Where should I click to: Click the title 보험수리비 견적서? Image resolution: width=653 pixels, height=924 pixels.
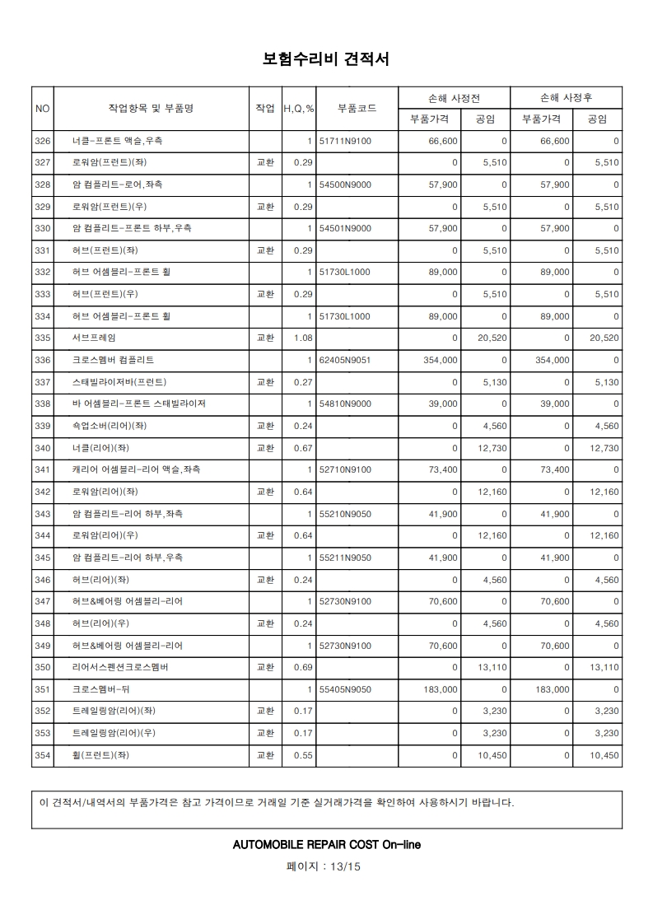tap(326, 59)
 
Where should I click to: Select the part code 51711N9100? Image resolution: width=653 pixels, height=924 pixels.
tap(345, 141)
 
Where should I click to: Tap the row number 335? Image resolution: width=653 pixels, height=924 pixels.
tap(43, 338)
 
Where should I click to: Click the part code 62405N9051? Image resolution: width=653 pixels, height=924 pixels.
tap(345, 360)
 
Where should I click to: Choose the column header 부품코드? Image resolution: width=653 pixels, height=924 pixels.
tap(357, 108)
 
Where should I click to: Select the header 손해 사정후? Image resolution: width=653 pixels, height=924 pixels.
tap(566, 97)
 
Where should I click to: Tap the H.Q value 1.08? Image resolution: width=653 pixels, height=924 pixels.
tap(303, 338)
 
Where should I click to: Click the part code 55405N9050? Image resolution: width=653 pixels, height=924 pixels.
tap(345, 688)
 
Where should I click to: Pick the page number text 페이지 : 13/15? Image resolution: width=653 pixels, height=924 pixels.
tap(326, 866)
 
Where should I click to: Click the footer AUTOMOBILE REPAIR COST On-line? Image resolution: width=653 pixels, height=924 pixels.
tap(327, 845)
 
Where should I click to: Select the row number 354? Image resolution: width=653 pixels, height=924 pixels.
tap(43, 754)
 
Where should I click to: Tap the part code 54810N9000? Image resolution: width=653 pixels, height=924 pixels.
tap(345, 404)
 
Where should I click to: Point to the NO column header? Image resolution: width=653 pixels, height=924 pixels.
tap(43, 108)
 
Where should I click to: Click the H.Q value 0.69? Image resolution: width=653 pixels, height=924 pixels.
tap(303, 666)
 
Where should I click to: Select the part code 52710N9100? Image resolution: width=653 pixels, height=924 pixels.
tap(345, 469)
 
